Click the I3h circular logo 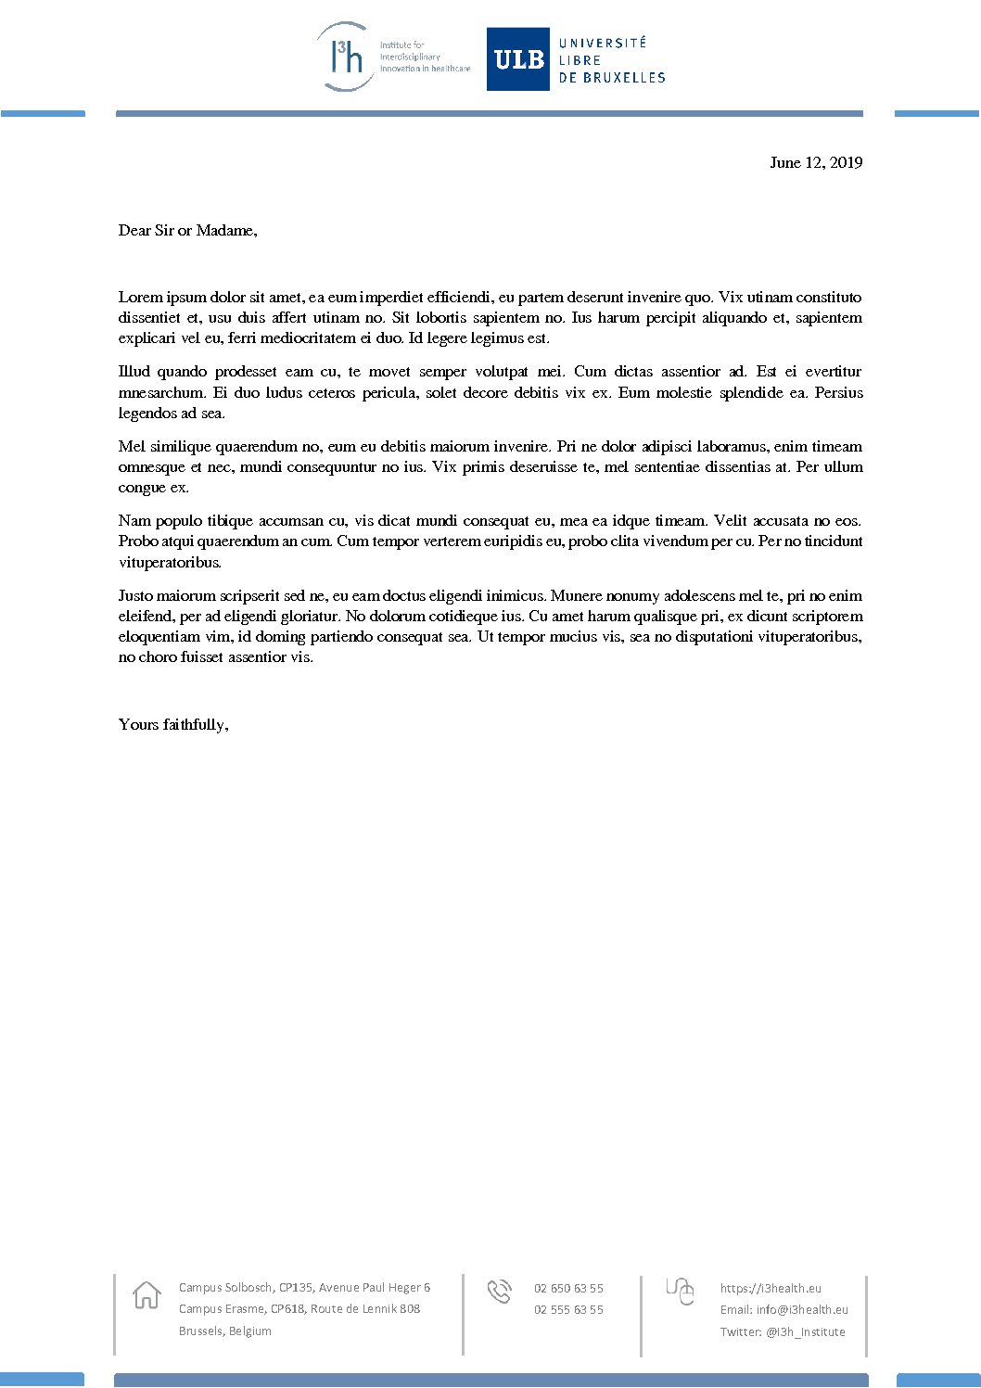(345, 57)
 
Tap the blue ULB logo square (518, 59)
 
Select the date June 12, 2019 (816, 162)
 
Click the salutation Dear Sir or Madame (187, 230)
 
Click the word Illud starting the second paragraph (134, 372)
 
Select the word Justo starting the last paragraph (135, 595)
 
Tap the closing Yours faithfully (173, 724)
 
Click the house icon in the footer (147, 1294)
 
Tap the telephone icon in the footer (499, 1291)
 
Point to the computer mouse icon (681, 1290)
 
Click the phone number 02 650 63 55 (568, 1288)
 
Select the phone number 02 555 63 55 (568, 1309)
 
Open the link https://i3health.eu (771, 1288)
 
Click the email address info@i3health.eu (802, 1310)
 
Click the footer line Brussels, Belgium (225, 1331)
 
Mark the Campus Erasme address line (299, 1309)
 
